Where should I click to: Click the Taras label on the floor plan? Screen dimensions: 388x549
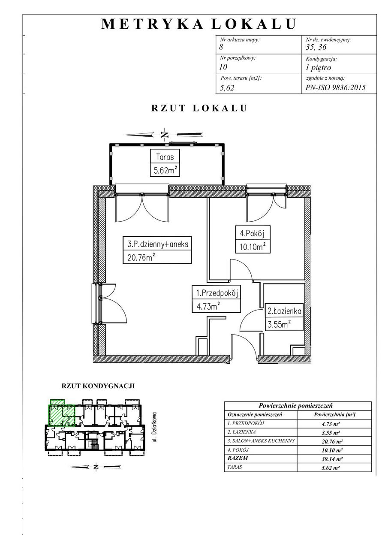pyautogui.click(x=165, y=157)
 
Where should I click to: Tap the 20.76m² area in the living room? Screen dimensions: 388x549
pyautogui.click(x=141, y=257)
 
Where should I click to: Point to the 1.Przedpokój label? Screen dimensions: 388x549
pyautogui.click(x=217, y=293)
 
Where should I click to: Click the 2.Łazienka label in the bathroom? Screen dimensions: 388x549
pyautogui.click(x=284, y=311)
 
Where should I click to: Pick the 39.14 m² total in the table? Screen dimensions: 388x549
pyautogui.click(x=332, y=459)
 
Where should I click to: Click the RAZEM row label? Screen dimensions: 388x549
pyautogui.click(x=238, y=458)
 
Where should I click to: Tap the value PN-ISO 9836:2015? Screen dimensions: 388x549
pyautogui.click(x=335, y=87)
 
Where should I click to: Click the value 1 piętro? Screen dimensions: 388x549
pyautogui.click(x=318, y=68)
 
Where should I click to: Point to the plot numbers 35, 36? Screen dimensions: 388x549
pyautogui.click(x=316, y=47)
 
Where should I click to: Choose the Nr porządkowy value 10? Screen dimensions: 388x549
pyautogui.click(x=223, y=66)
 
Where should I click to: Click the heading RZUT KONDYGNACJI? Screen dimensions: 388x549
pyautogui.click(x=98, y=386)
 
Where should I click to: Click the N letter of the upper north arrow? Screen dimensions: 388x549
pyautogui.click(x=165, y=135)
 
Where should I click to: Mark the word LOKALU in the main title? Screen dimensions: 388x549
pyautogui.click(x=254, y=24)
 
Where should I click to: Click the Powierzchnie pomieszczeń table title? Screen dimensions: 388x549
pyautogui.click(x=296, y=406)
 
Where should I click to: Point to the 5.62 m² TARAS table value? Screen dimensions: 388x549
pyautogui.click(x=331, y=468)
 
